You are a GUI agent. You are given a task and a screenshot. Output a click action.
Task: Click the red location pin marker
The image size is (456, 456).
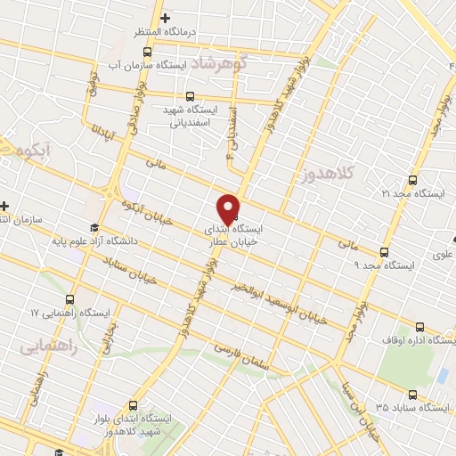tap(229, 208)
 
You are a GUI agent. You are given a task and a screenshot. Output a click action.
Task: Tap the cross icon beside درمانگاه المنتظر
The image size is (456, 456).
tap(164, 18)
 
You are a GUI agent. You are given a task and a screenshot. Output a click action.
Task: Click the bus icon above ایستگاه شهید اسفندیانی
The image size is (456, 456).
tap(189, 96)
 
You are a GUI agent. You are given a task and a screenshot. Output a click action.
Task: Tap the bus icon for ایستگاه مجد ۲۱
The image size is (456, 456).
tap(411, 178)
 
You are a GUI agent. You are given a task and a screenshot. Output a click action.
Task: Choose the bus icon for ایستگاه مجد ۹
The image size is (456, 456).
tap(384, 252)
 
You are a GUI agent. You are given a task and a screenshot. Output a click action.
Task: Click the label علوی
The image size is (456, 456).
tap(442, 255)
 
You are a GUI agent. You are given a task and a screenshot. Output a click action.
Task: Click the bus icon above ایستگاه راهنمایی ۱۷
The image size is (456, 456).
tap(70, 299)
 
